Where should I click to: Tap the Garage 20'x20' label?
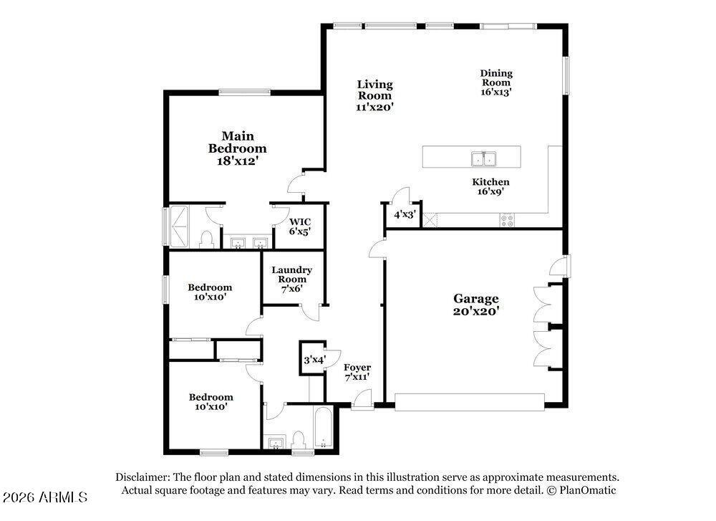pyautogui.click(x=476, y=305)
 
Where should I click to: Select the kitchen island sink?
pyautogui.click(x=484, y=159)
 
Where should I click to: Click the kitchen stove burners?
pyautogui.click(x=507, y=220)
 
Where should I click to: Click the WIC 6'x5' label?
pyautogui.click(x=299, y=226)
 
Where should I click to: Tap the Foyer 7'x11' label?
pyautogui.click(x=357, y=372)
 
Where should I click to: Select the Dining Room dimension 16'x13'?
pyautogui.click(x=496, y=92)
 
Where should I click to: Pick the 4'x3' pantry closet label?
pyautogui.click(x=405, y=214)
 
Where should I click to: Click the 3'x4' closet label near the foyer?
pyautogui.click(x=314, y=360)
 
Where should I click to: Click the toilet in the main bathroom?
pyautogui.click(x=207, y=239)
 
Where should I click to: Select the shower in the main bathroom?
pyautogui.click(x=178, y=225)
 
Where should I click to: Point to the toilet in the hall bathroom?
pyautogui.click(x=299, y=439)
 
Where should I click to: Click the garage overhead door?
pyautogui.click(x=470, y=402)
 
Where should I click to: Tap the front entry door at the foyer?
pyautogui.click(x=362, y=399)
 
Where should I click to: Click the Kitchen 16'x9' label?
pyautogui.click(x=491, y=186)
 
